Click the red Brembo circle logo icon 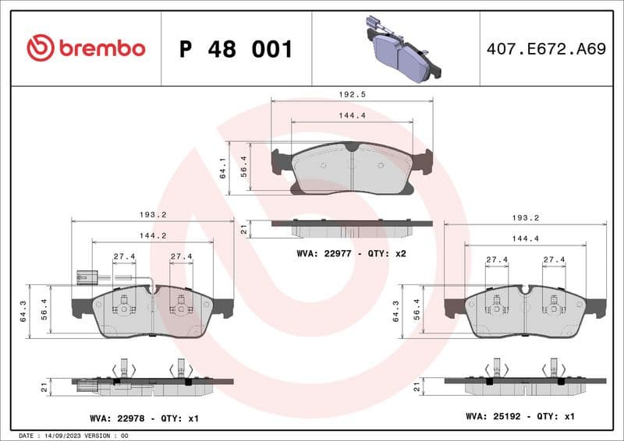40,48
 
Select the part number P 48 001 236,49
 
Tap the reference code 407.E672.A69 545,49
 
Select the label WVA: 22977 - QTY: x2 352,254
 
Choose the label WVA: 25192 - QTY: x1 520,417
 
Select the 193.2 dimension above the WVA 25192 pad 525,218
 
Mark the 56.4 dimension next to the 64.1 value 243,166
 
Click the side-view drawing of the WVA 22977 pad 351,228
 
